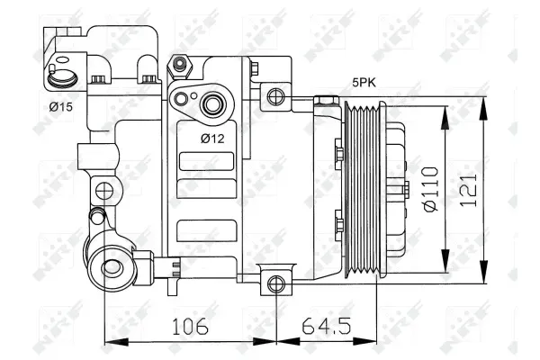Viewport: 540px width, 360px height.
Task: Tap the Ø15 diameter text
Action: click(61, 107)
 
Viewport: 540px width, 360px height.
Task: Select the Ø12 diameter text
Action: click(212, 138)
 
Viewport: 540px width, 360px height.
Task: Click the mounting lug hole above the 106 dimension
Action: click(276, 284)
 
